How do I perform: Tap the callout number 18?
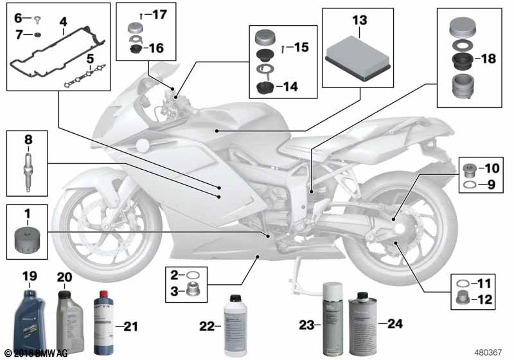(x=489, y=59)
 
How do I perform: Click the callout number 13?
(x=358, y=19)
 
